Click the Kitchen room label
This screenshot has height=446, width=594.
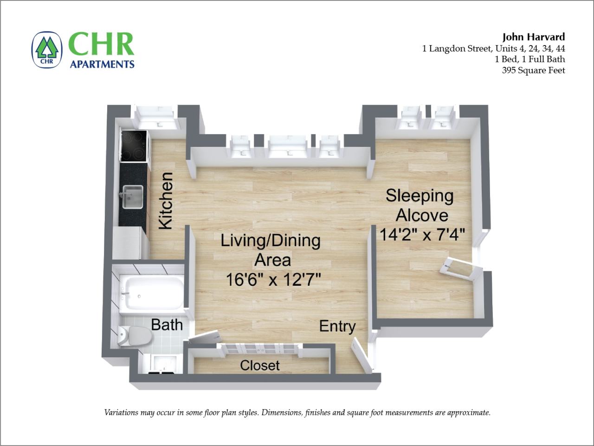(x=166, y=201)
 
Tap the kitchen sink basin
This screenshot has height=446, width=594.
(x=132, y=197)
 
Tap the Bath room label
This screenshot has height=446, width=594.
(x=167, y=324)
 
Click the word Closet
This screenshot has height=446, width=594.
(x=260, y=365)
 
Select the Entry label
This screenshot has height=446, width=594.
(x=337, y=326)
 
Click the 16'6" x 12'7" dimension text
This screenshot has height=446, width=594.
(x=274, y=279)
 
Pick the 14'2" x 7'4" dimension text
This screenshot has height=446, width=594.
(x=422, y=234)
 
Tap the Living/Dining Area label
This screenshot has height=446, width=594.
(x=271, y=250)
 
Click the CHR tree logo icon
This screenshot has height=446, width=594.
(x=46, y=49)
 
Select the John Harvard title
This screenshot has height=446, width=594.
(x=534, y=37)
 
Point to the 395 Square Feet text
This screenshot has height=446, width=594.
(x=533, y=71)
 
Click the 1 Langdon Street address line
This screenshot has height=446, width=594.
(x=493, y=48)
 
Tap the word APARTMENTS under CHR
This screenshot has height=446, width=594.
(x=102, y=64)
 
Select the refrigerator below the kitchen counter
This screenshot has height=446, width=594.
(x=130, y=242)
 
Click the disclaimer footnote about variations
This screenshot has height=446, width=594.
(x=297, y=413)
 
